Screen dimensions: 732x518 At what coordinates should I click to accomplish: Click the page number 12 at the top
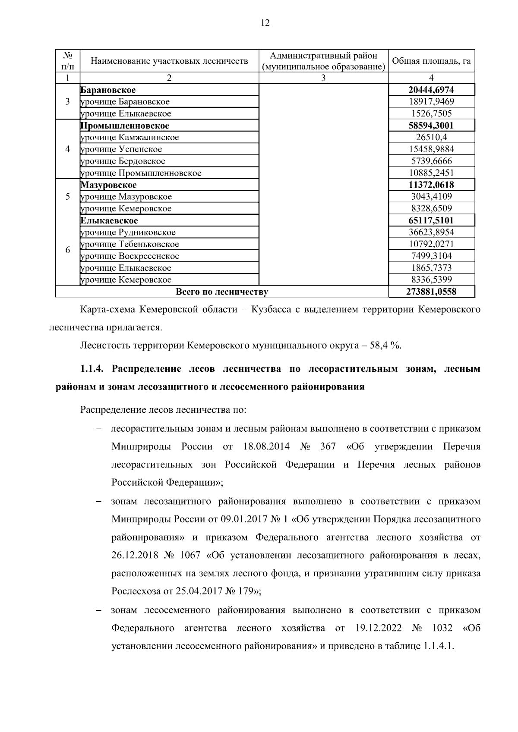[265, 23]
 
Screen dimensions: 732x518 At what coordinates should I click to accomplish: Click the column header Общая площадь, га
[431, 61]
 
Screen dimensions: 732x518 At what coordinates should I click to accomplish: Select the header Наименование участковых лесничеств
[169, 61]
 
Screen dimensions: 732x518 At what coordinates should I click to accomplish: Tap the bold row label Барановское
[108, 90]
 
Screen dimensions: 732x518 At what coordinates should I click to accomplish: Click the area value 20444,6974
[431, 90]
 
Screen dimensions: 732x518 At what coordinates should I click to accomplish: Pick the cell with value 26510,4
[431, 137]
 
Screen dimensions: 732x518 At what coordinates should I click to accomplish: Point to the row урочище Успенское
[121, 149]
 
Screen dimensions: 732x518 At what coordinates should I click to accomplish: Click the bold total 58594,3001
[431, 126]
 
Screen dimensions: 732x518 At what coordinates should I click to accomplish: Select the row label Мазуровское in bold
[108, 185]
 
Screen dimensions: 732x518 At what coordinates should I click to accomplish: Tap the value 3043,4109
[431, 197]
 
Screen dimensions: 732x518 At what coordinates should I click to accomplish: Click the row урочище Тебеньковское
[129, 244]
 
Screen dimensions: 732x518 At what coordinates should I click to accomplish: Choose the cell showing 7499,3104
[431, 256]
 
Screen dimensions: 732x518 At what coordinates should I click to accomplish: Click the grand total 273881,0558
[431, 292]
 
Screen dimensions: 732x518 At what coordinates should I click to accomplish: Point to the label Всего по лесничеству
[221, 292]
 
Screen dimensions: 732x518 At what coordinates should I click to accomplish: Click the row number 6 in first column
[67, 250]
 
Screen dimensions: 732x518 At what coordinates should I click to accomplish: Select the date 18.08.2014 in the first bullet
[266, 446]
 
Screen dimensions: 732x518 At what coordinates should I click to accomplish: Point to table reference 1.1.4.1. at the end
[436, 646]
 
